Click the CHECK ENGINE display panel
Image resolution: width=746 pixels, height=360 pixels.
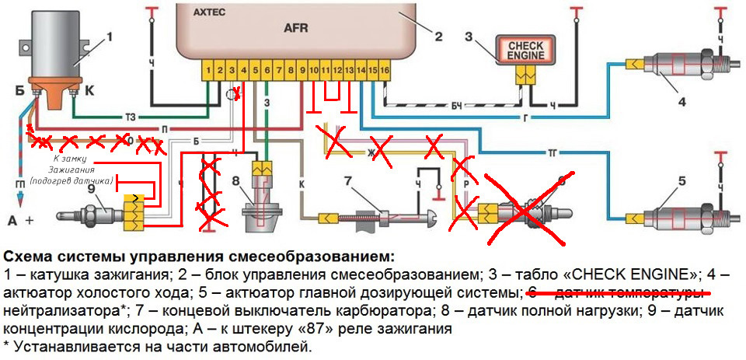coord(526,51)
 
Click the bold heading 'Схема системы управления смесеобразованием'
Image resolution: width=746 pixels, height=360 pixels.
coord(199,256)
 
